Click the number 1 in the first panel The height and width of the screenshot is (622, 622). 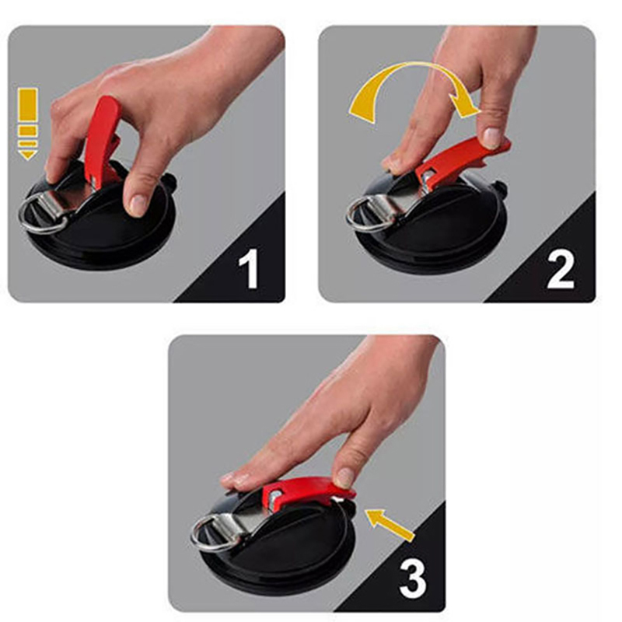(x=249, y=268)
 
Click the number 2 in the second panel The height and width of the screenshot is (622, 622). (x=560, y=268)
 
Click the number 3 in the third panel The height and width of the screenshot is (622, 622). (x=413, y=578)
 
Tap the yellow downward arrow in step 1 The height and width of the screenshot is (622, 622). (x=28, y=124)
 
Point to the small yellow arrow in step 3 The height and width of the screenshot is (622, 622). (x=390, y=524)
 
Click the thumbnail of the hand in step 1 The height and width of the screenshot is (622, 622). (x=138, y=204)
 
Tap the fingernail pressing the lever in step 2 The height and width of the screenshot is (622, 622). (x=492, y=138)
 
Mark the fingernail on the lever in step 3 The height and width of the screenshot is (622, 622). (x=344, y=478)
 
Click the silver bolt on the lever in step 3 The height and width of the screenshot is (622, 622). (x=277, y=495)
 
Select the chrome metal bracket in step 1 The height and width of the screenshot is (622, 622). (x=68, y=201)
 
